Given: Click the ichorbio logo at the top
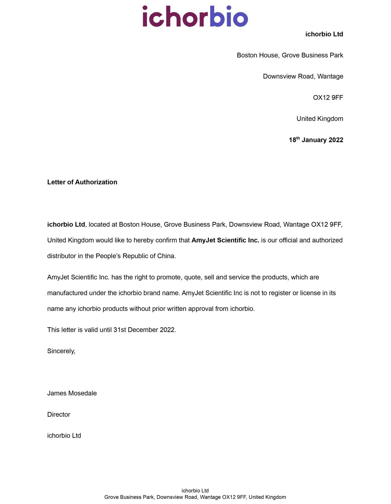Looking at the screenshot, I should pyautogui.click(x=195, y=16).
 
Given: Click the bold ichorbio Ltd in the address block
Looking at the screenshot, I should pyautogui.click(x=324, y=34).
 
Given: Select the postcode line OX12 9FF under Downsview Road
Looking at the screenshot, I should pyautogui.click(x=328, y=98).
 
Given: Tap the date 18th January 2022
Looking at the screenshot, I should pyautogui.click(x=316, y=140).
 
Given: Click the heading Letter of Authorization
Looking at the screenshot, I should pyautogui.click(x=82, y=182).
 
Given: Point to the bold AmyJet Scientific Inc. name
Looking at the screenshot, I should pyautogui.click(x=225, y=240).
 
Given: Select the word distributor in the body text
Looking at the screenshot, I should pyautogui.click(x=61, y=256).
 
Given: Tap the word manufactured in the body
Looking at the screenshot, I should pyautogui.click(x=67, y=293).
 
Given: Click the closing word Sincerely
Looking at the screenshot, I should pyautogui.click(x=61, y=351).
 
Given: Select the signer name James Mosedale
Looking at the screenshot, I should pyautogui.click(x=72, y=393).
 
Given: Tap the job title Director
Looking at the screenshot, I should pyautogui.click(x=59, y=415).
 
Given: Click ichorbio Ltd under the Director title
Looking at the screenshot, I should pyautogui.click(x=64, y=436).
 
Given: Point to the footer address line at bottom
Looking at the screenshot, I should pyautogui.click(x=195, y=497).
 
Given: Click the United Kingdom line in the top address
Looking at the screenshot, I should pyautogui.click(x=319, y=119).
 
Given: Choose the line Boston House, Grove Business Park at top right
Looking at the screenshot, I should pyautogui.click(x=290, y=55).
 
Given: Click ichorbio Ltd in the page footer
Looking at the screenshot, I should pyautogui.click(x=195, y=490).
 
